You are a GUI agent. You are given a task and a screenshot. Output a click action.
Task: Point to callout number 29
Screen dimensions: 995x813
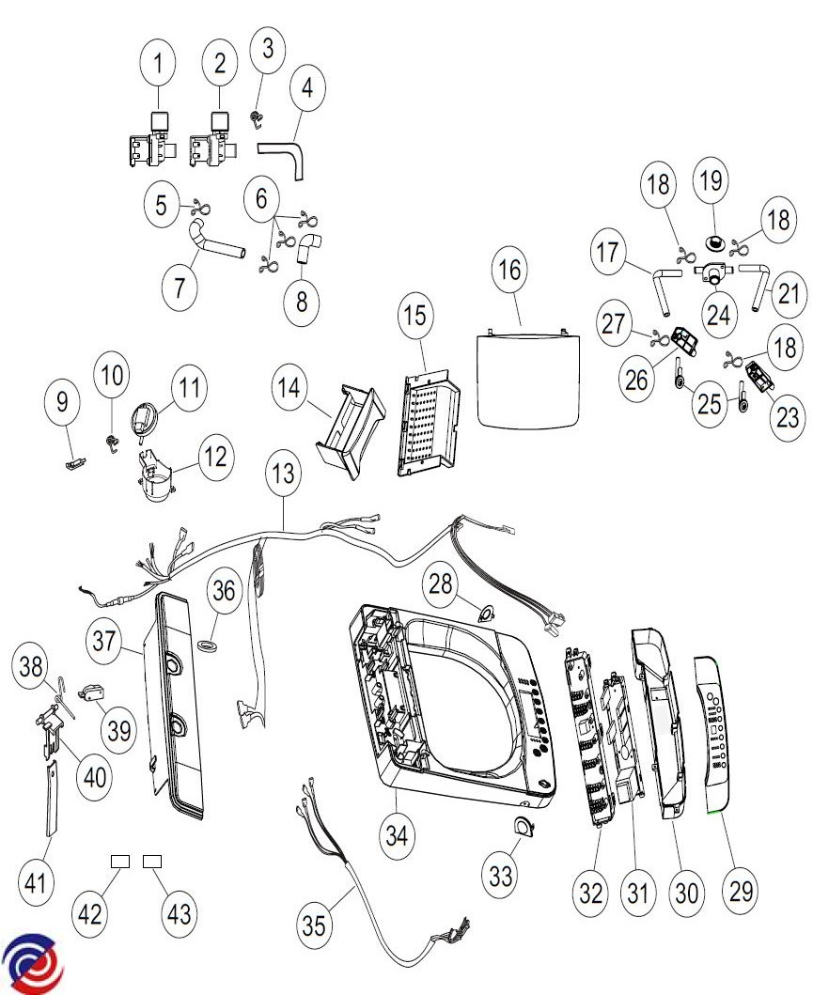point(742,890)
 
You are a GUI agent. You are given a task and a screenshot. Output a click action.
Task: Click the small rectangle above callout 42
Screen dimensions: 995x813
point(120,861)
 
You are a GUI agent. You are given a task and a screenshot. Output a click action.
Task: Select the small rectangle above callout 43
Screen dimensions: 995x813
point(152,861)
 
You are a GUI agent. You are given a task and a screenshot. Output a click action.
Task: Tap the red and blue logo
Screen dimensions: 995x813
point(33,964)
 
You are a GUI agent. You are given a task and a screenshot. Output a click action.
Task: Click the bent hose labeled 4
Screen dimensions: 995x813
point(284,155)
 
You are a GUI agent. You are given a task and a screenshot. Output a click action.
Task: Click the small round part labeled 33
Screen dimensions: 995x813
point(518,826)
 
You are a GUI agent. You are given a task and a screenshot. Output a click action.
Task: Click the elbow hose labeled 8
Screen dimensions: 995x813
point(308,248)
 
